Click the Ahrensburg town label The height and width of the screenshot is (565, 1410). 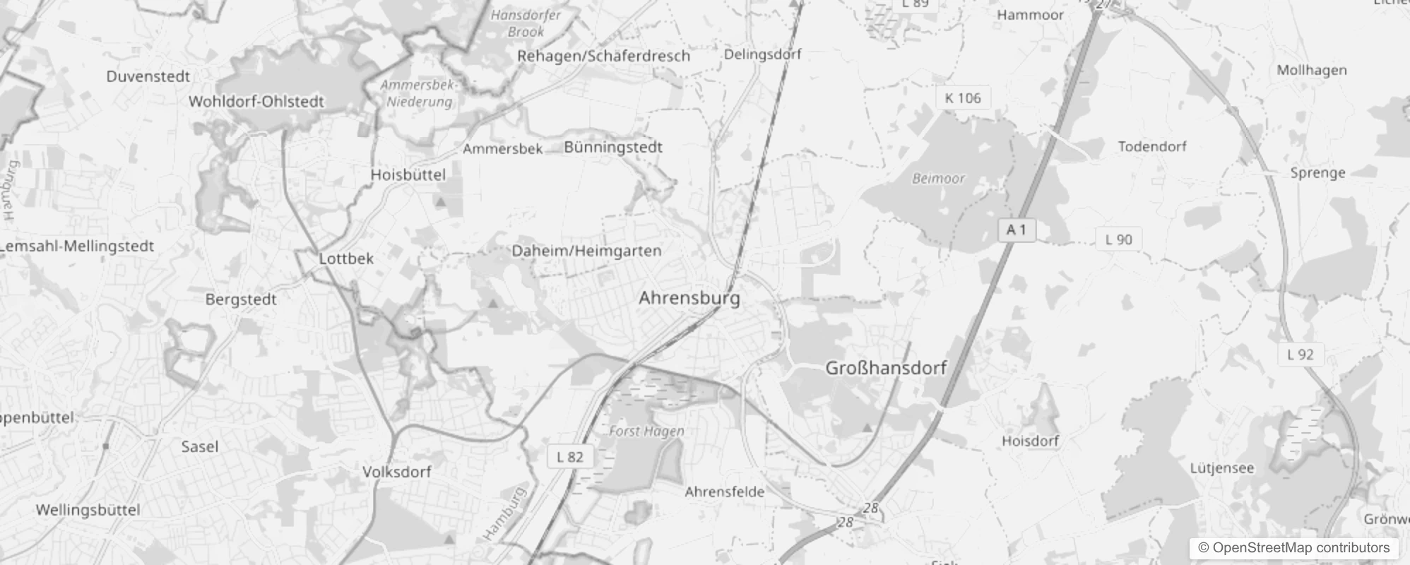pos(689,298)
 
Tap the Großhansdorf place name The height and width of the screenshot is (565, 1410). pos(886,368)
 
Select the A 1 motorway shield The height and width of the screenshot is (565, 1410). pos(1017,230)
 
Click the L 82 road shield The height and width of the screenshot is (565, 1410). pos(570,457)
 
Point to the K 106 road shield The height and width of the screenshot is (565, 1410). pos(963,98)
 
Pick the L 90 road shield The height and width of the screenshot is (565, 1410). pos(1118,239)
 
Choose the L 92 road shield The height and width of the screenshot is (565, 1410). pos(1300,355)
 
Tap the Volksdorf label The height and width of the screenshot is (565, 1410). pos(396,472)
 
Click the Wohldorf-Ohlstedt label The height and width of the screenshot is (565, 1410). pos(256,102)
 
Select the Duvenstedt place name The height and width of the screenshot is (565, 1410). pos(148,76)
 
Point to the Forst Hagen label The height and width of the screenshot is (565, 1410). pos(646,431)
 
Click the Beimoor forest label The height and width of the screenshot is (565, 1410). pos(938,179)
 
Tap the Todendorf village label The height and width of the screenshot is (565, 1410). pos(1152,146)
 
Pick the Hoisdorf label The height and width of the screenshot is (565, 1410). pos(1030,441)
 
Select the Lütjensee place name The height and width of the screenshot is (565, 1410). pos(1221,468)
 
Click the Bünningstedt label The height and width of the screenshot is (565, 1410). pos(613,147)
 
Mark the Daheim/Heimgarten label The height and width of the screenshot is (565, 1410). pos(586,251)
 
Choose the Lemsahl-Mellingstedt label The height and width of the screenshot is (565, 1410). pos(77,246)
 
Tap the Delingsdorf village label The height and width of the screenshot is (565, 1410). pos(762,54)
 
